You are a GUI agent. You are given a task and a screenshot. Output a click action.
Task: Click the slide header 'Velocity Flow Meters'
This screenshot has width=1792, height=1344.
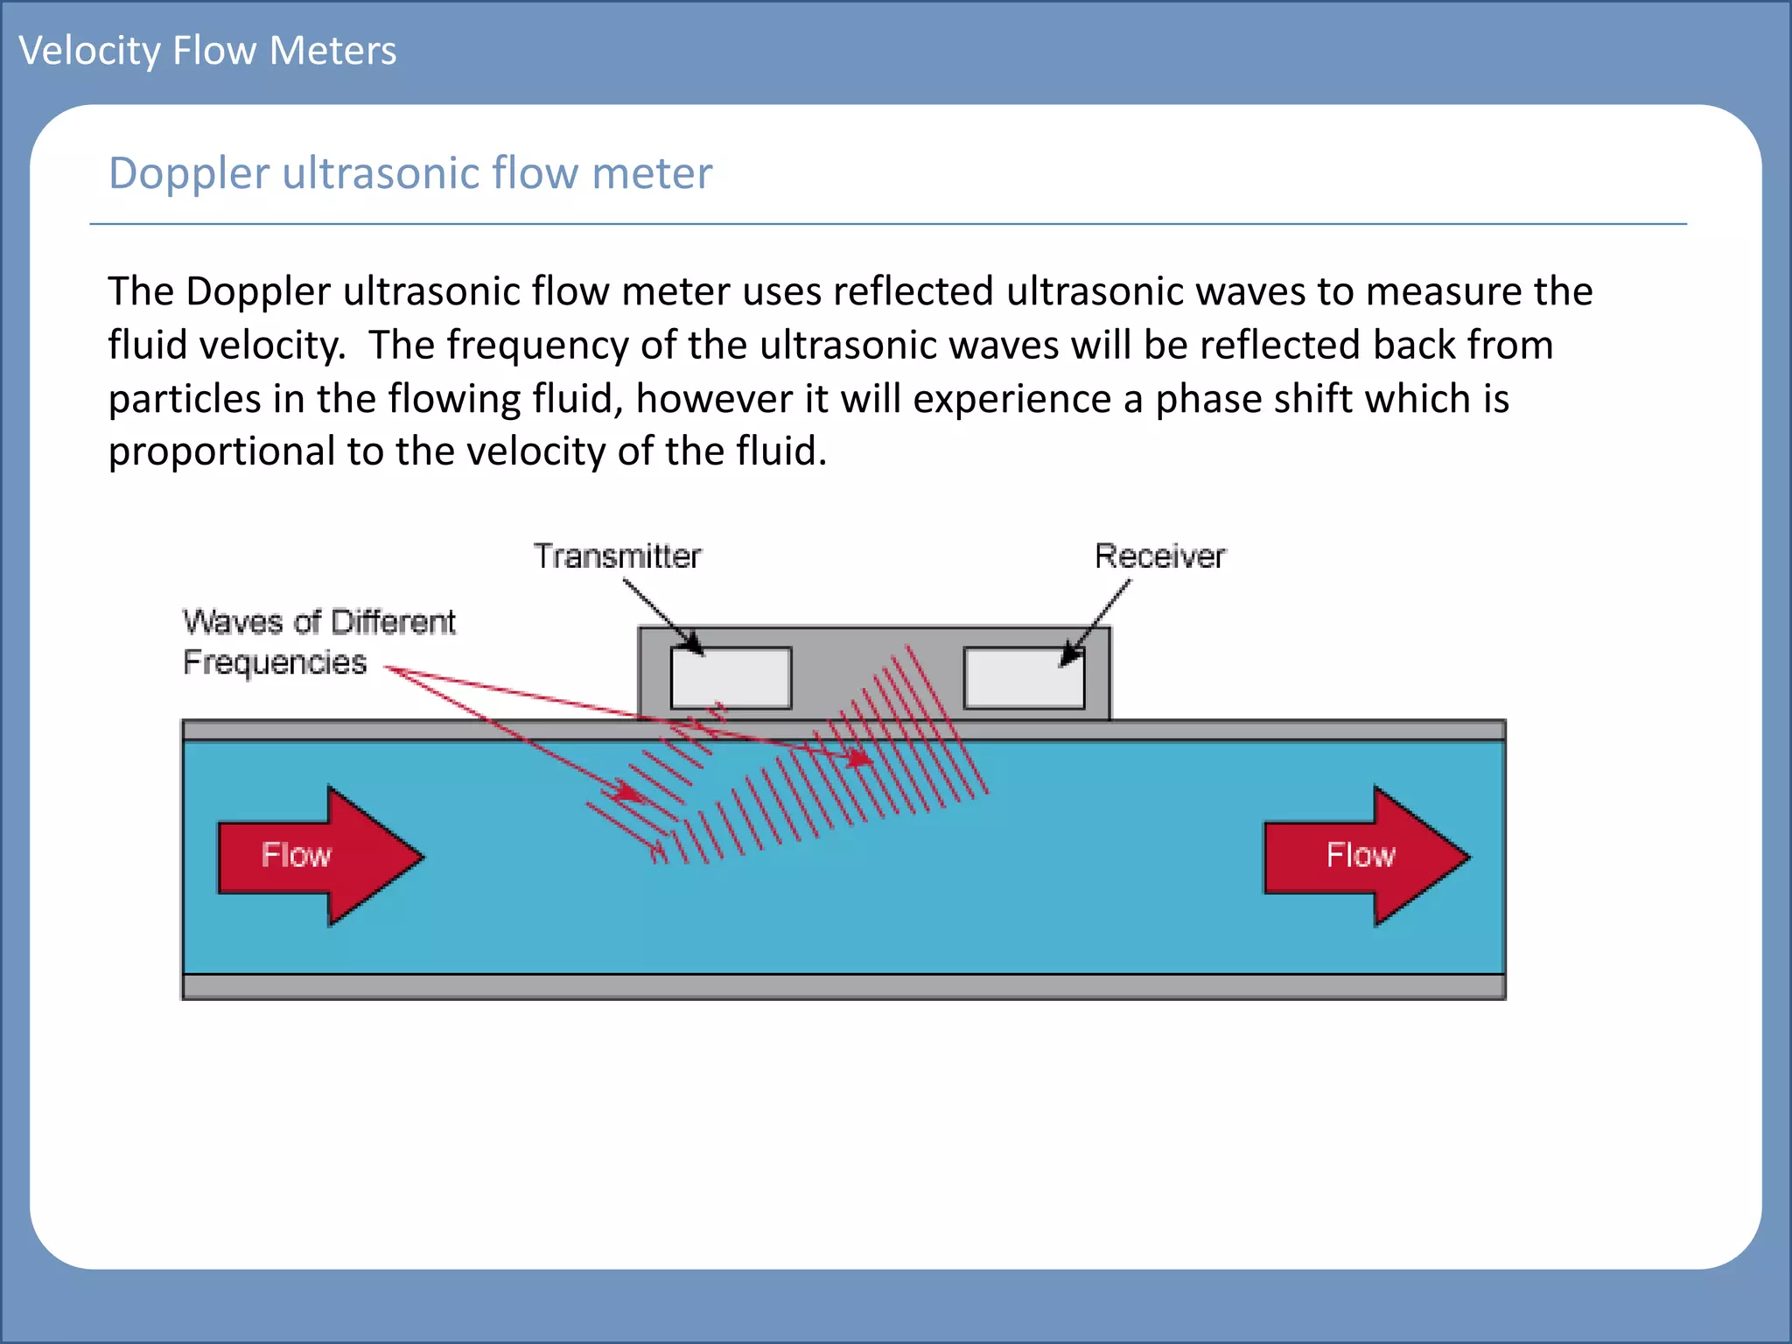[x=207, y=51]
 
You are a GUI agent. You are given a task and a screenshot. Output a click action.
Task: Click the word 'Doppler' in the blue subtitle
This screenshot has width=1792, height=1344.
[x=188, y=173]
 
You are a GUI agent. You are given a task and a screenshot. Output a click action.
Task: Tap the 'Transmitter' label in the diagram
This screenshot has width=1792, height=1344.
[x=617, y=556]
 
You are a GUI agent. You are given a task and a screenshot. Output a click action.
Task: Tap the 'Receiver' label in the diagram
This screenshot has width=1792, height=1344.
[x=1159, y=556]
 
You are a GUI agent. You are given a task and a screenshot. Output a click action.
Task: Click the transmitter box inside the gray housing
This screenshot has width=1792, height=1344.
[x=731, y=678]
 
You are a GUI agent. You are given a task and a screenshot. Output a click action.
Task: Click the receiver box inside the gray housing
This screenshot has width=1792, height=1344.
[x=1024, y=678]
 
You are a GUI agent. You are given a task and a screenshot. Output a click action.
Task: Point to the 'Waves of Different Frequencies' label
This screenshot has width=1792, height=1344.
[x=318, y=641]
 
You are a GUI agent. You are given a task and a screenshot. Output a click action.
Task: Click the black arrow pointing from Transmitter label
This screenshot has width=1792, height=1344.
[x=662, y=617]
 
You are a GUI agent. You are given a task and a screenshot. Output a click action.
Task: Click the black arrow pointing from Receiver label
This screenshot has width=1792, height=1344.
[x=1097, y=620]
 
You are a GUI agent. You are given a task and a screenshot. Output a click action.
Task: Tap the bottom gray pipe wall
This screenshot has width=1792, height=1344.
[x=843, y=987]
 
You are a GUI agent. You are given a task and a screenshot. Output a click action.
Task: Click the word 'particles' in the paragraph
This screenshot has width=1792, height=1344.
[x=185, y=399]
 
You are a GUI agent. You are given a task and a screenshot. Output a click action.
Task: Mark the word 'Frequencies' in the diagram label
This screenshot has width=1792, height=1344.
[x=275, y=662]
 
